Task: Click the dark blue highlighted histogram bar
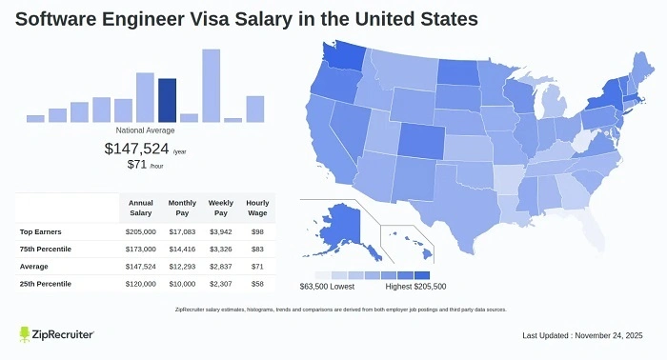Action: point(167,100)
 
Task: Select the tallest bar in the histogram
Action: point(211,86)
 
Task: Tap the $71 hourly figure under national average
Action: point(138,165)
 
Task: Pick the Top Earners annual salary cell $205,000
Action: point(141,231)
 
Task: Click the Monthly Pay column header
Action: point(183,207)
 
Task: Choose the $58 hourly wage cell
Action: point(257,284)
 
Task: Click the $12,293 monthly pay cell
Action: point(182,267)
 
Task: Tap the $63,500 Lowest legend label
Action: point(327,286)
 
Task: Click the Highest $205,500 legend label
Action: point(416,286)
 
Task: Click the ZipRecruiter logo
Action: point(56,335)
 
